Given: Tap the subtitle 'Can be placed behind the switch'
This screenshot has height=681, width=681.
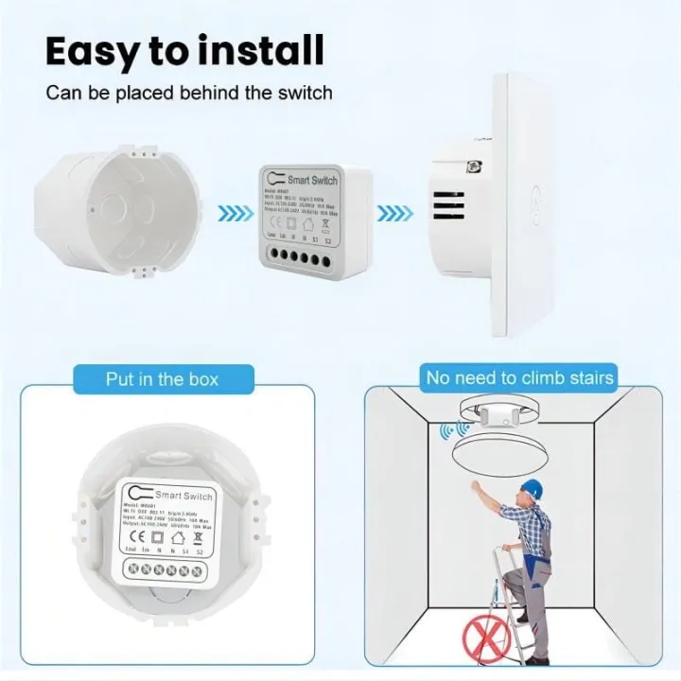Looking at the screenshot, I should point(189,94).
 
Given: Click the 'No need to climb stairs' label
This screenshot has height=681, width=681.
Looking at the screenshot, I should point(519,378).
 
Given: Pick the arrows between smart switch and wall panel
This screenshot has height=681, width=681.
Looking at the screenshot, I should point(393,214).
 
